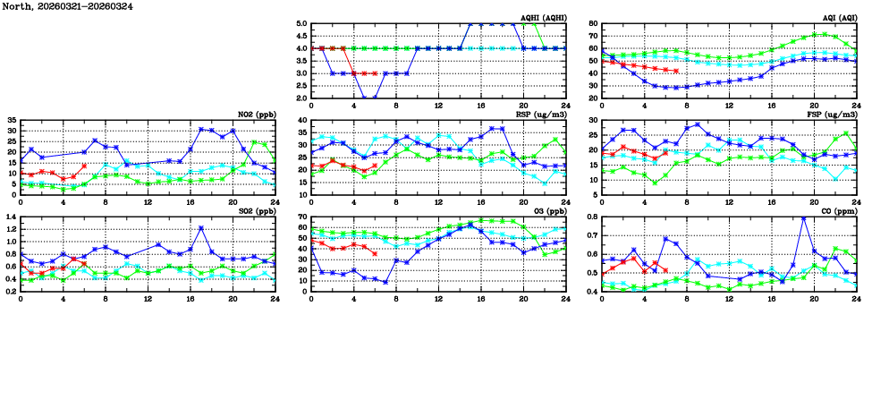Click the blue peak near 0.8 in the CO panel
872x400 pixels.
pyautogui.click(x=803, y=217)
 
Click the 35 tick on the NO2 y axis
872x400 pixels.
pyautogui.click(x=12, y=120)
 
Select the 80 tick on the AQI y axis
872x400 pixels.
pyautogui.click(x=592, y=24)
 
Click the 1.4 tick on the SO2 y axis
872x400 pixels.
pyautogui.click(x=10, y=217)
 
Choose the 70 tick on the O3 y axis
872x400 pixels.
pyautogui.click(x=301, y=217)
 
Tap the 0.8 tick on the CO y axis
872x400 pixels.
pyautogui.click(x=590, y=217)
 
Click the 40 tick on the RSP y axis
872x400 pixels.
pyautogui.click(x=301, y=120)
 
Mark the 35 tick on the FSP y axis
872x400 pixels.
pyautogui.click(x=592, y=120)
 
